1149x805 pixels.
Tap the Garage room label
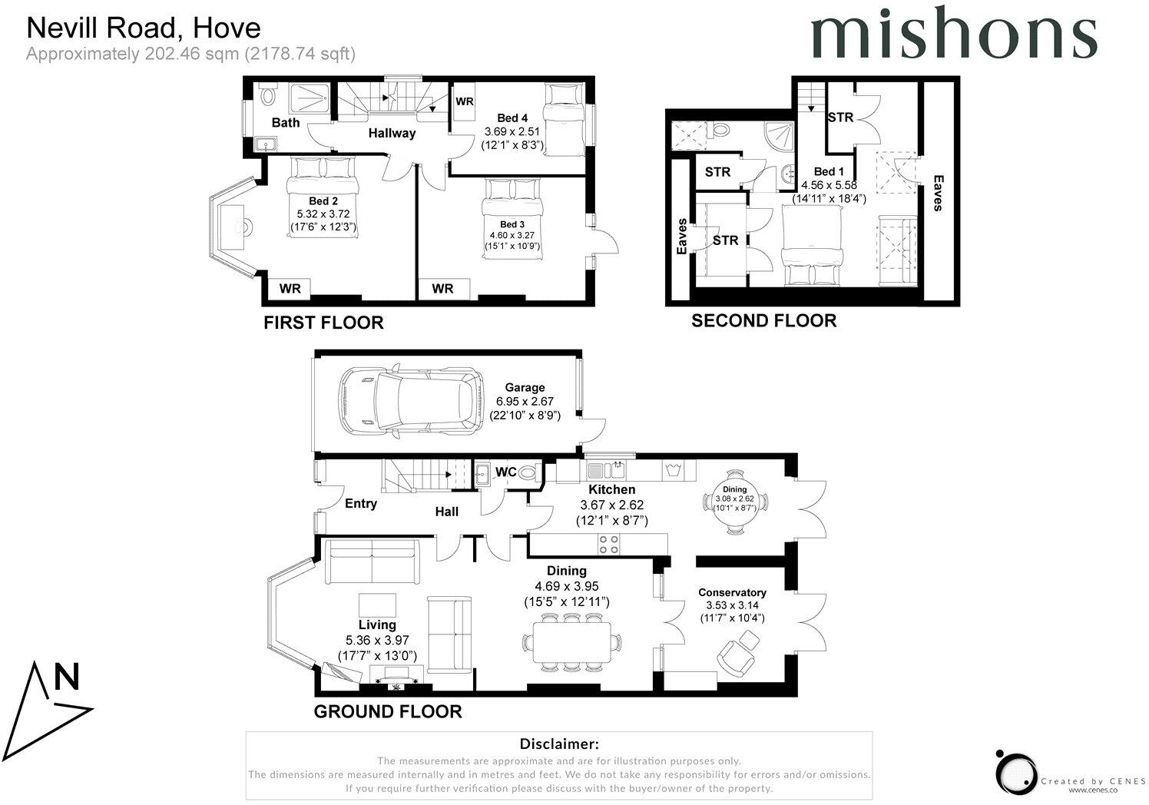(x=525, y=388)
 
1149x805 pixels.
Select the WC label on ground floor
(x=506, y=472)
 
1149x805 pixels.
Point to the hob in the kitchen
(x=609, y=544)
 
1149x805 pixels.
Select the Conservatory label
(x=732, y=593)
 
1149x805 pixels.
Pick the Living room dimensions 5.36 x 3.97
(x=377, y=641)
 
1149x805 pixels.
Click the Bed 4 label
(x=512, y=118)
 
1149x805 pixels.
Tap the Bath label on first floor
(x=286, y=123)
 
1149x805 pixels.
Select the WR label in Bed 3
(x=442, y=289)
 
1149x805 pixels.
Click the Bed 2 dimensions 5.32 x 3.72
(x=323, y=214)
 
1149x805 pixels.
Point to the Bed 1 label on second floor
(x=829, y=172)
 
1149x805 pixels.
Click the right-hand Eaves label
(x=937, y=192)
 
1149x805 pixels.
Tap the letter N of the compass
(x=67, y=678)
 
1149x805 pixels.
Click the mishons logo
(x=954, y=35)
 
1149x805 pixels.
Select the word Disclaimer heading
(x=558, y=744)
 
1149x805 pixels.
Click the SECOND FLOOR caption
(x=763, y=321)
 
